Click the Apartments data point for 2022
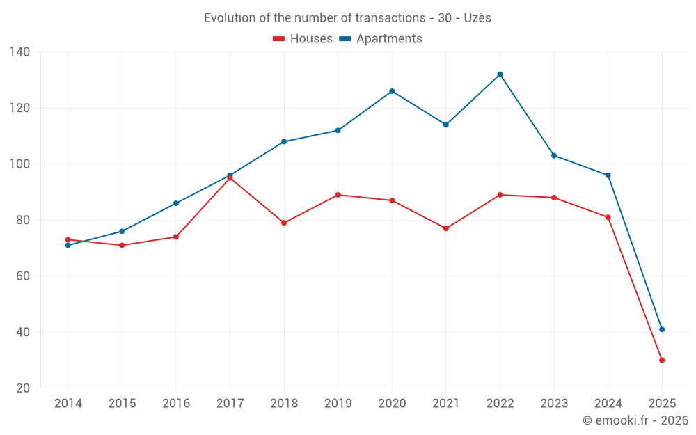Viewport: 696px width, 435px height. (x=500, y=74)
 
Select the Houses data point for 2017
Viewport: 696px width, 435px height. (x=230, y=178)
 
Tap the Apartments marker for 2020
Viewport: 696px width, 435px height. (x=392, y=91)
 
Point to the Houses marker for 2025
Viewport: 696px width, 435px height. (x=662, y=360)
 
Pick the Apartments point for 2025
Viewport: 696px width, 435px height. (x=662, y=329)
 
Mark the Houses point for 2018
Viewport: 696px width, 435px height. (x=284, y=223)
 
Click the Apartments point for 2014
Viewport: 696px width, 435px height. (x=68, y=245)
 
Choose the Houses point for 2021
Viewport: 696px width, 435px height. (x=446, y=228)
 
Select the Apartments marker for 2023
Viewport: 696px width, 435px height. (x=554, y=155)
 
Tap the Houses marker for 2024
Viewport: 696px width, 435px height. (x=608, y=217)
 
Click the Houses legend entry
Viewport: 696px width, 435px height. (x=303, y=39)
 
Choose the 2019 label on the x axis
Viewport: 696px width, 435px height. (x=338, y=404)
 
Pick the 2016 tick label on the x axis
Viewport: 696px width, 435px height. (x=176, y=404)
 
